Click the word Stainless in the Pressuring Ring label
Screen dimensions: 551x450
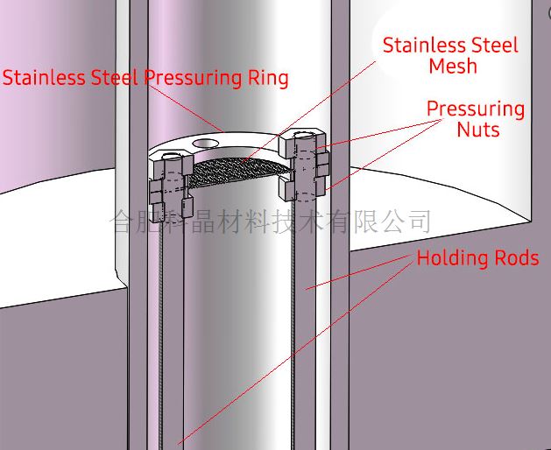[44, 77]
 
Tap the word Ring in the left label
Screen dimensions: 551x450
[268, 78]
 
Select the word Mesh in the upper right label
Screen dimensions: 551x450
[453, 66]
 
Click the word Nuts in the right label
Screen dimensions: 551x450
[478, 130]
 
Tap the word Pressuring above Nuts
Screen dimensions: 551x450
[476, 109]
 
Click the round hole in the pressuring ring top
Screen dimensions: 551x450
[206, 143]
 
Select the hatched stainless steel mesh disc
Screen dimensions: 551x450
[240, 171]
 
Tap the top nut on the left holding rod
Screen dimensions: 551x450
[172, 165]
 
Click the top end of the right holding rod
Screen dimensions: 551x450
[304, 135]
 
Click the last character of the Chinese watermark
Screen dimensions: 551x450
[420, 221]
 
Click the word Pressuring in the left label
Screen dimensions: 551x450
[193, 78]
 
